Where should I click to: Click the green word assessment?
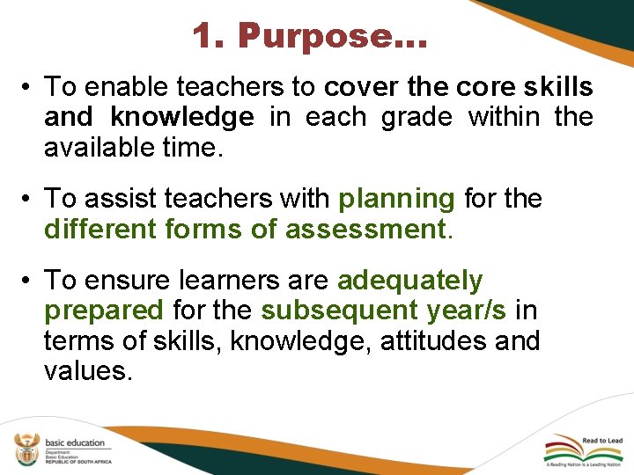[x=365, y=230]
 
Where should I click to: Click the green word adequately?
[x=410, y=281]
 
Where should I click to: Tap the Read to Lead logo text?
[x=601, y=441]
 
